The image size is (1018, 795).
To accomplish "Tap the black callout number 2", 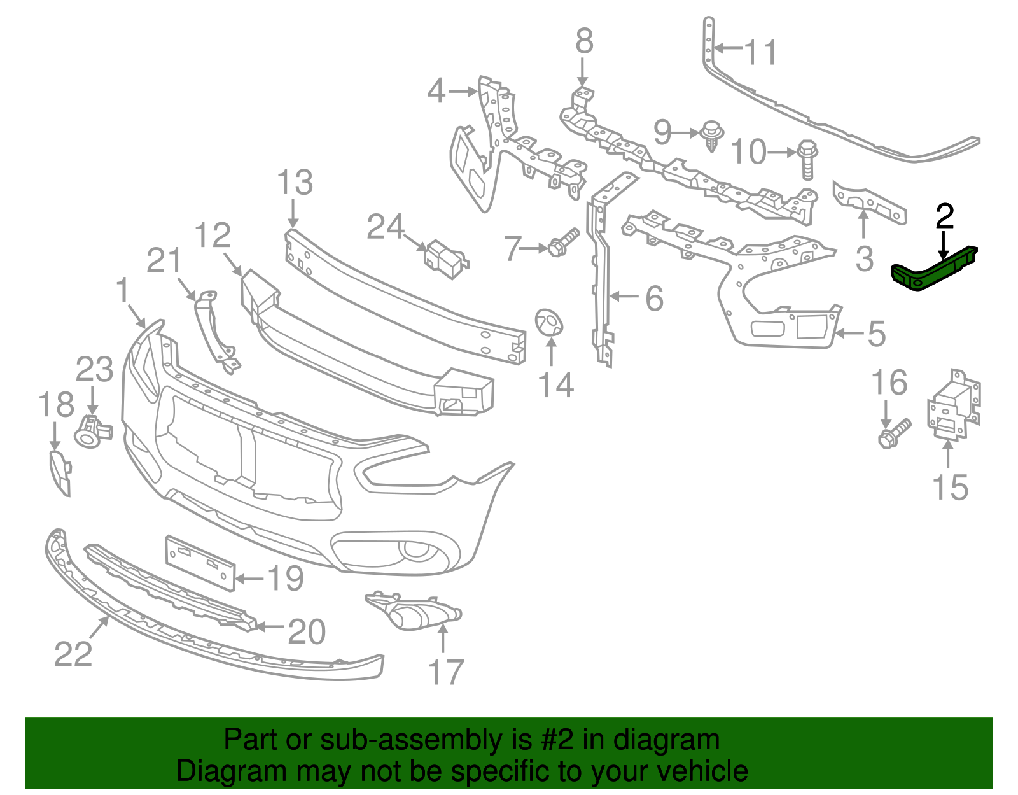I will (945, 216).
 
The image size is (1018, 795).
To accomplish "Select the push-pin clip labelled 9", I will (711, 136).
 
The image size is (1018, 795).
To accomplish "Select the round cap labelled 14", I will (548, 322).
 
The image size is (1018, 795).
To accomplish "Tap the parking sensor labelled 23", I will (92, 432).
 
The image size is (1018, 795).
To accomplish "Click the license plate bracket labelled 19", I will (199, 562).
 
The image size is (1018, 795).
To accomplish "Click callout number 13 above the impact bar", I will (295, 183).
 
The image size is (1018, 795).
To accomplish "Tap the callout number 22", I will (73, 654).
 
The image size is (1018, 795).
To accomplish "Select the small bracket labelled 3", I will (869, 202).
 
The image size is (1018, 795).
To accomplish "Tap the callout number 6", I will (654, 298).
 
